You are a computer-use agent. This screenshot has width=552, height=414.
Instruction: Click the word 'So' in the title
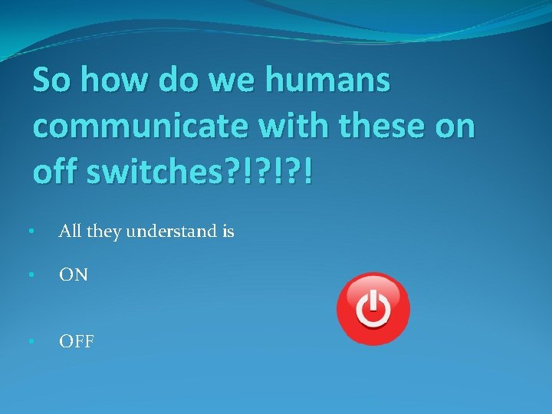(52, 80)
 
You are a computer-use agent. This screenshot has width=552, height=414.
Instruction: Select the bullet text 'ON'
(74, 274)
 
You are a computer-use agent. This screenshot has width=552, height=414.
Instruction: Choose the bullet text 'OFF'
(77, 341)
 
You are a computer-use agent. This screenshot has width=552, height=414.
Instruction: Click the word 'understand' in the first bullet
(175, 231)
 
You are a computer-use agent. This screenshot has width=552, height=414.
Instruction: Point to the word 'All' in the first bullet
(70, 230)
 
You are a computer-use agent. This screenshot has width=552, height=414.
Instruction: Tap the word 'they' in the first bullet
(103, 231)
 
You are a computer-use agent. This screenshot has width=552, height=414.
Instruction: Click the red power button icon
(373, 309)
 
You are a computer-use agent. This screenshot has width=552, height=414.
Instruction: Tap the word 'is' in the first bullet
(228, 230)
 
